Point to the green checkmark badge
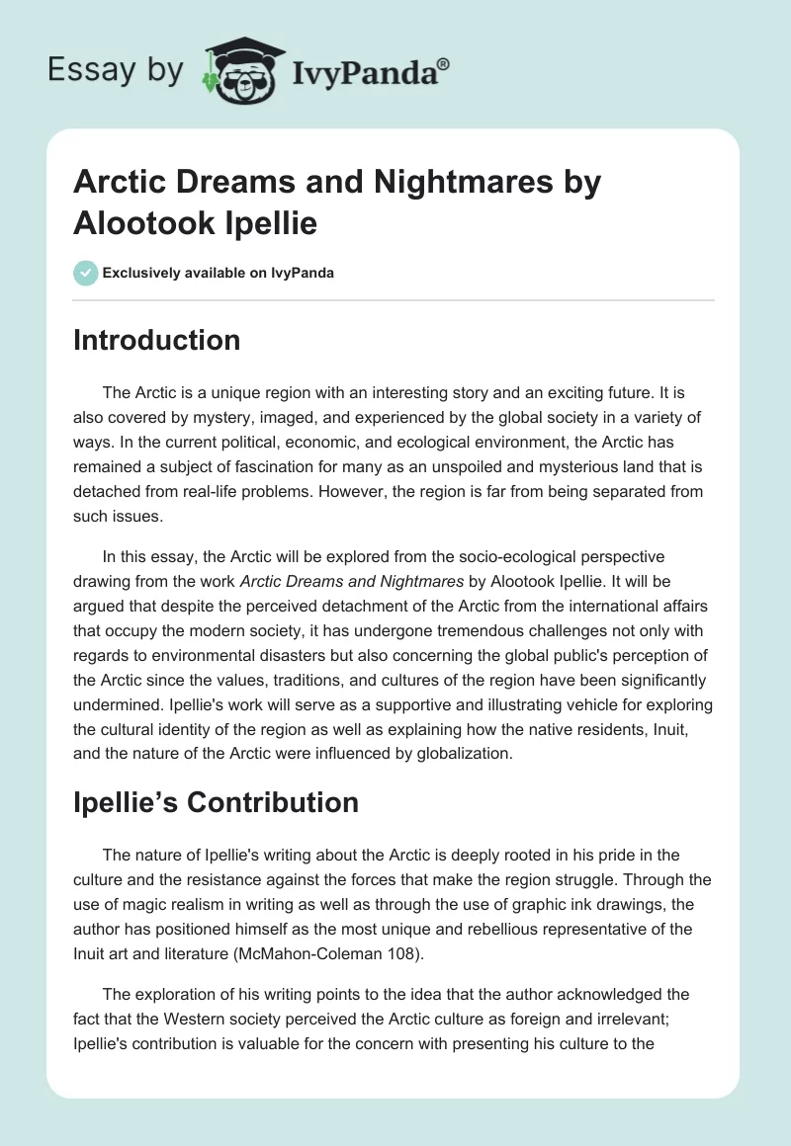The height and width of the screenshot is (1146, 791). click(85, 273)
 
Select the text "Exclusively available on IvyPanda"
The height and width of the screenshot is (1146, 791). click(218, 273)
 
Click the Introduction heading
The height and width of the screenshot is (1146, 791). click(157, 340)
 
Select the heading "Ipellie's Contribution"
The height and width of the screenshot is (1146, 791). click(216, 803)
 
